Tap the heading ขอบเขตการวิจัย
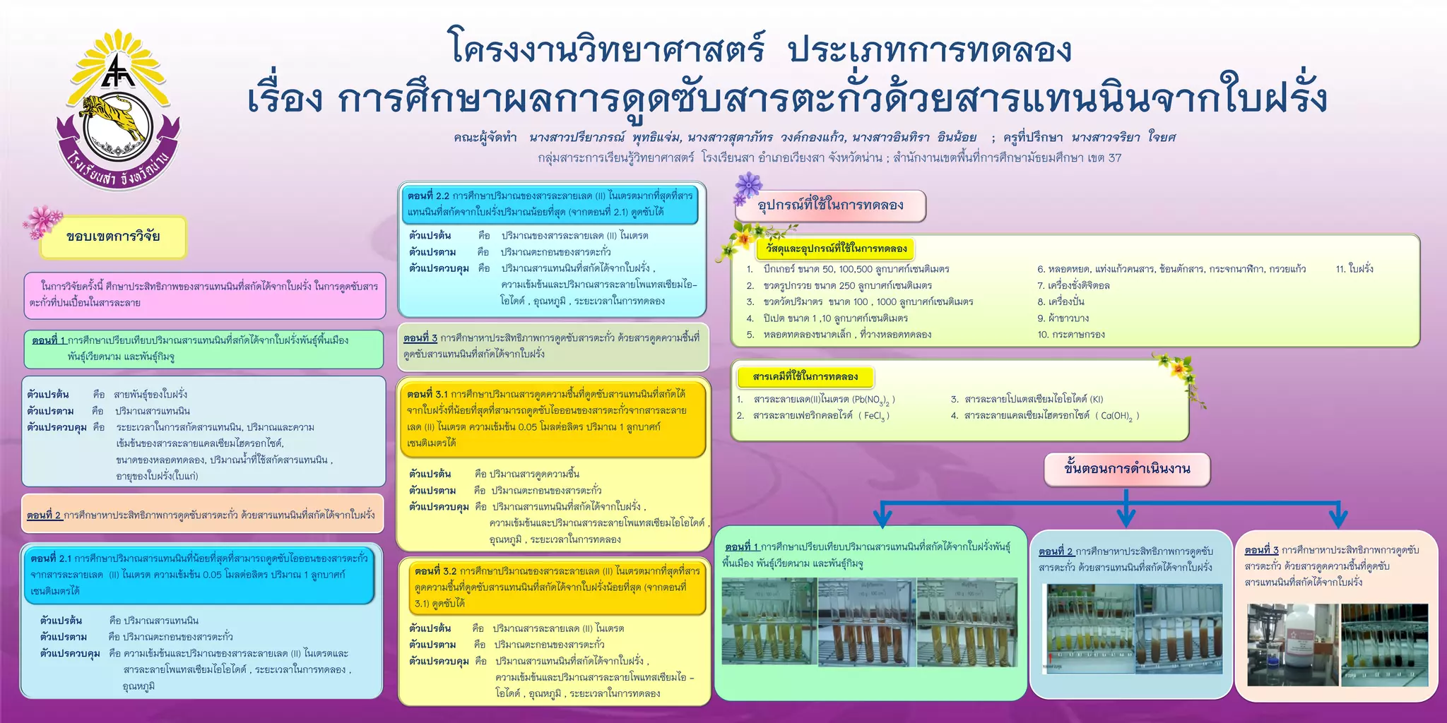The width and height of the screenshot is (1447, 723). [x=113, y=237]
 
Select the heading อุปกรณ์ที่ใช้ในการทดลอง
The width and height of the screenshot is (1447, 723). [x=830, y=205]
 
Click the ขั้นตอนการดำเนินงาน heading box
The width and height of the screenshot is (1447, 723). [x=1127, y=469]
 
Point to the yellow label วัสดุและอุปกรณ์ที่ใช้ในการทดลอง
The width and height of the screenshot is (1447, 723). [x=837, y=249]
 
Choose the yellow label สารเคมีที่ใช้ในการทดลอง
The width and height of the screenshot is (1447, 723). [x=805, y=377]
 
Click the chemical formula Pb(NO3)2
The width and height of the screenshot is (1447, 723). [x=873, y=400]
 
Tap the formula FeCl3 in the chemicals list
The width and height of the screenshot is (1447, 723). [x=873, y=416]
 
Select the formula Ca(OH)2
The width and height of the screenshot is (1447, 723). [x=1117, y=416]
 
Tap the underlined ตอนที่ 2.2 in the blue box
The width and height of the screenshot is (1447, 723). [x=428, y=196]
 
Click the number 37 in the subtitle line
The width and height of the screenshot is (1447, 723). [x=1115, y=157]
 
